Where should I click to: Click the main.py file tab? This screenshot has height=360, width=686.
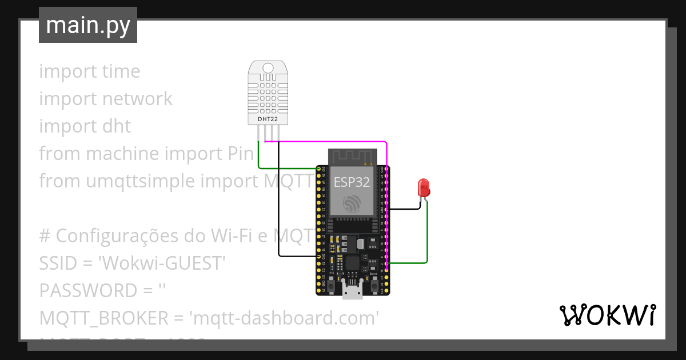(x=88, y=25)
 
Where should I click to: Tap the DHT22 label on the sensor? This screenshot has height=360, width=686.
(x=268, y=118)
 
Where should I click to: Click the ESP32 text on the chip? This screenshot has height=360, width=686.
(x=352, y=182)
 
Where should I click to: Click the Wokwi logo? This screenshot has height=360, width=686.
(x=607, y=315)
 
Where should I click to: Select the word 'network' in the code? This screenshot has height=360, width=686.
(x=138, y=99)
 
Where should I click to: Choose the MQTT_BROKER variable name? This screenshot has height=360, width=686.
(x=102, y=318)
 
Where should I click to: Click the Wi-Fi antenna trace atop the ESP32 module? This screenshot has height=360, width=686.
(x=352, y=155)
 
